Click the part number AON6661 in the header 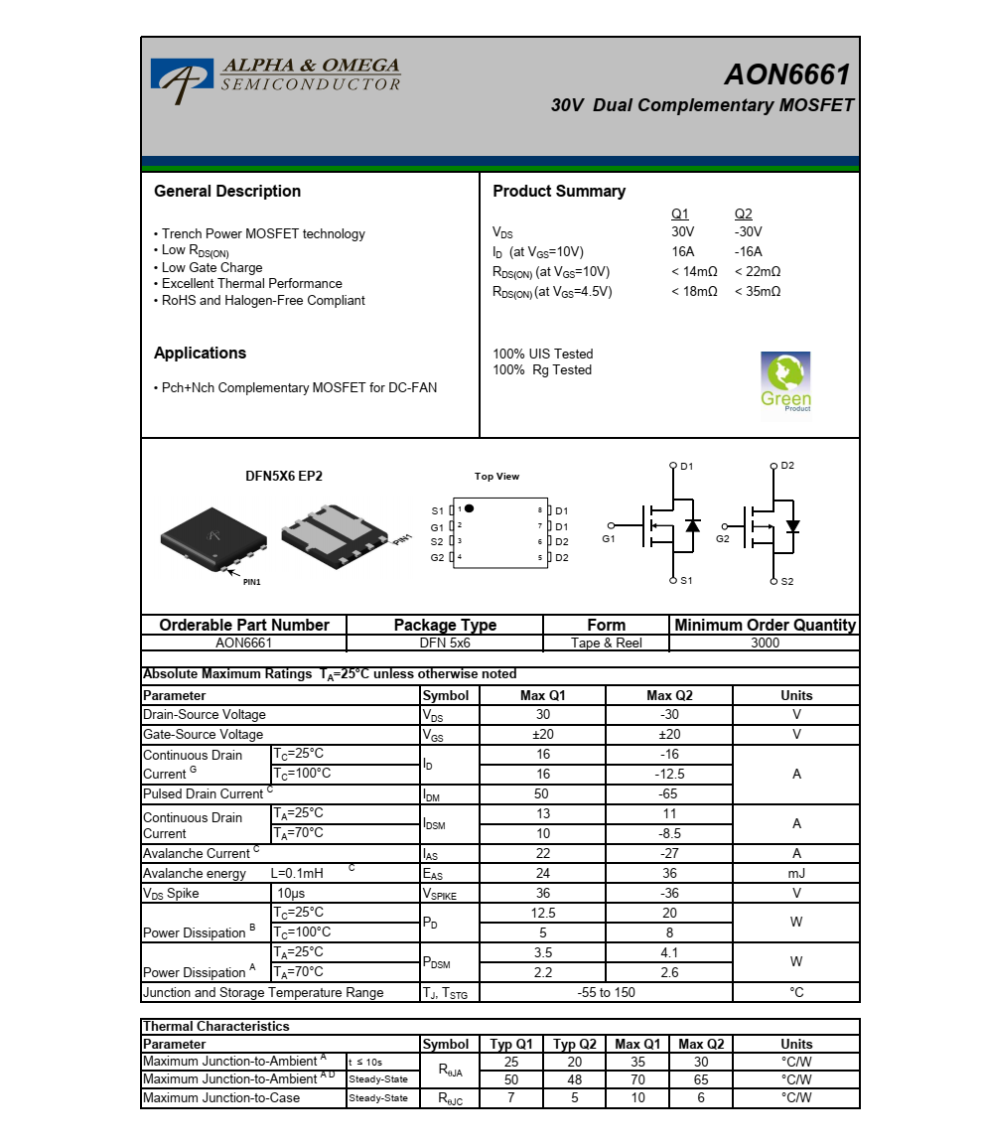tap(786, 74)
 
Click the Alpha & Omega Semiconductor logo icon tap(182, 79)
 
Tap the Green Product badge tap(785, 381)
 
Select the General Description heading tap(227, 192)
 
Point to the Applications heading tap(200, 354)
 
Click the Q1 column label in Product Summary tap(680, 215)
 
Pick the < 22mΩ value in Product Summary tap(758, 272)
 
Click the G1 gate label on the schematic tap(609, 539)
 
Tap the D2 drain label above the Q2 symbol tap(787, 465)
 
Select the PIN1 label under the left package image tap(251, 582)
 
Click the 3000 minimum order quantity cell tap(765, 643)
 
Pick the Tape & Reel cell tap(606, 643)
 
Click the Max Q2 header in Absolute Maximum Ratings tap(669, 695)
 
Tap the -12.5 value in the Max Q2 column tap(669, 774)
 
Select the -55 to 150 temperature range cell tap(606, 992)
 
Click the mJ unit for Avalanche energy tap(796, 873)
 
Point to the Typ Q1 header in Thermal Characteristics tap(511, 1044)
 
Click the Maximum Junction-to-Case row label tap(221, 1097)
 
